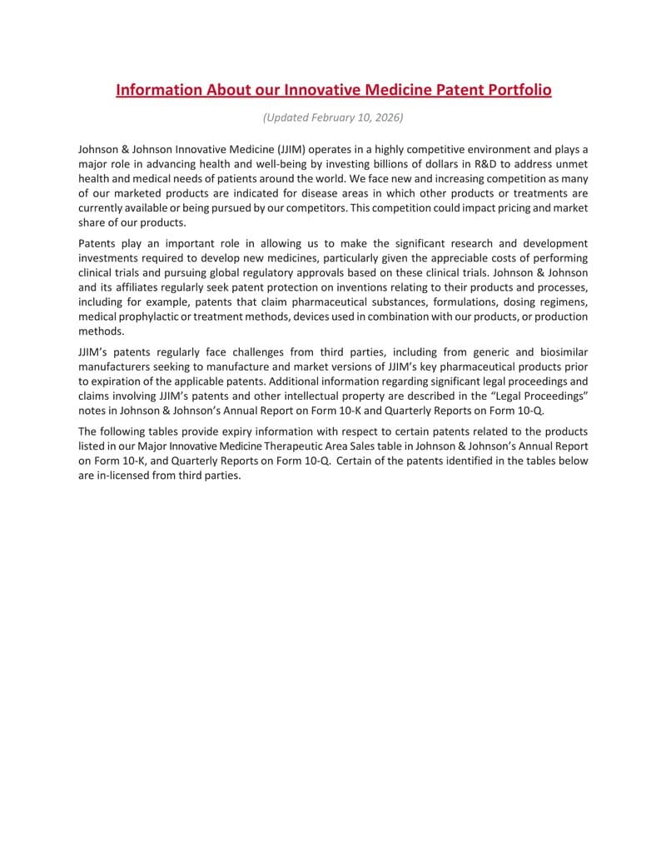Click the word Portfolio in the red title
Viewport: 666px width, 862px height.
point(510,89)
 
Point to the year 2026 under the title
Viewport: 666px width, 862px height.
point(387,117)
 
